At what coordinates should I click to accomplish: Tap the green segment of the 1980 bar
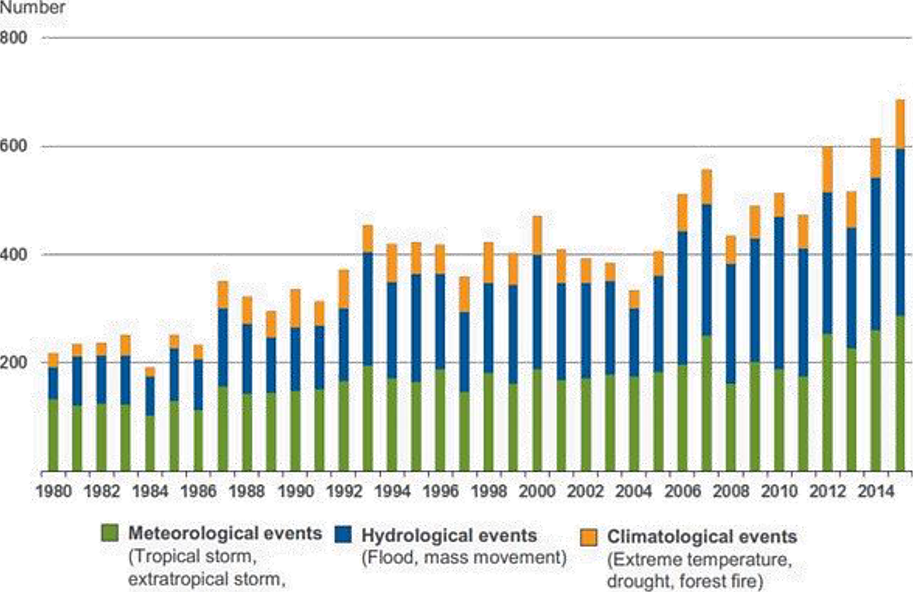click(x=53, y=435)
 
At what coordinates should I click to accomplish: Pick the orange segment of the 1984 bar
click(x=150, y=372)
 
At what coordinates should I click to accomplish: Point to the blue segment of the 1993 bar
click(x=367, y=309)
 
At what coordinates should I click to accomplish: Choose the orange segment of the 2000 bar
click(x=537, y=235)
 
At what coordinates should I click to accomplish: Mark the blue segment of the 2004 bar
click(x=634, y=342)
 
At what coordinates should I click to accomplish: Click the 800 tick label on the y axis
click(x=13, y=38)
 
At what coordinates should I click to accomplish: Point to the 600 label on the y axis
click(x=13, y=146)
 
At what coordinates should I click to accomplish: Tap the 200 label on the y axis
click(x=13, y=362)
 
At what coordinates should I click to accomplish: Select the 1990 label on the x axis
click(x=295, y=492)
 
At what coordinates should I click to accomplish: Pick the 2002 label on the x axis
click(x=585, y=492)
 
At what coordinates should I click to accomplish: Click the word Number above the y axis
click(x=32, y=8)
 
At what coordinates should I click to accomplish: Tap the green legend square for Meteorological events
click(x=110, y=533)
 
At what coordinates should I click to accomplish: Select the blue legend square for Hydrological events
click(x=344, y=534)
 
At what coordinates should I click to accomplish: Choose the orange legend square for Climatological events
click(x=588, y=537)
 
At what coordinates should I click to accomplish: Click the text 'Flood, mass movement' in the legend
click(x=464, y=558)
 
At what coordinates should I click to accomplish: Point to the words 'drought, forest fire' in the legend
click(x=685, y=580)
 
